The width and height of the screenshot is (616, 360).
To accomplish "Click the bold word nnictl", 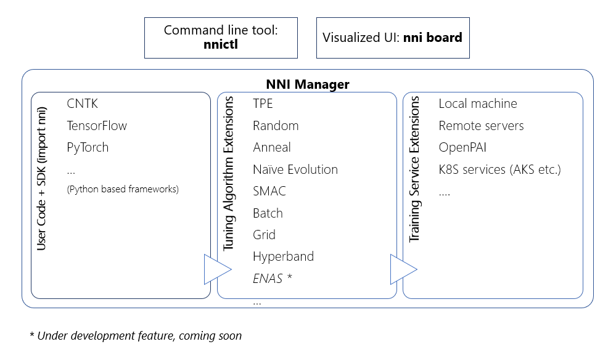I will [221, 45].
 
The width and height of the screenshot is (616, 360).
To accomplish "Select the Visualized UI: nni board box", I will [392, 38].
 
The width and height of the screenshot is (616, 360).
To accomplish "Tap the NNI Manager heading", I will [307, 84].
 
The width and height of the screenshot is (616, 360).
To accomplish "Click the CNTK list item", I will [83, 104].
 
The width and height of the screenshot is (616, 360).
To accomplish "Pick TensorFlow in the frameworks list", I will [97, 126].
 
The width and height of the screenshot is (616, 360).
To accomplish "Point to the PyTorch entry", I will [88, 147].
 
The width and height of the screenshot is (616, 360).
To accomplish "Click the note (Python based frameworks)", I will [123, 189].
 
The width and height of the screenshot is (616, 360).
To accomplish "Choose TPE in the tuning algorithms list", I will [263, 104].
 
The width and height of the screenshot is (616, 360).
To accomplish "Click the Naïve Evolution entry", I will [295, 170].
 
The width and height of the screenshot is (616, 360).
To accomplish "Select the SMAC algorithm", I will [269, 191].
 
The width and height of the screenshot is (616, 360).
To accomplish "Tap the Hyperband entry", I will [283, 256].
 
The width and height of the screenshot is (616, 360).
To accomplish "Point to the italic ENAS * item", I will [272, 279].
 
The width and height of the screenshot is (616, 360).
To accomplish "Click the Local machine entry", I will [478, 104].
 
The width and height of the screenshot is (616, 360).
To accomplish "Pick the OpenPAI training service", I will [463, 147].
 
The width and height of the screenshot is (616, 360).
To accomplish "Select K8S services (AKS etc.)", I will [499, 170].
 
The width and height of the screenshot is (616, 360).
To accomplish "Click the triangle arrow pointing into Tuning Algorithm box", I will [216, 269].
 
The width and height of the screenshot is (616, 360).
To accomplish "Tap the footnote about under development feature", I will [136, 336].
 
